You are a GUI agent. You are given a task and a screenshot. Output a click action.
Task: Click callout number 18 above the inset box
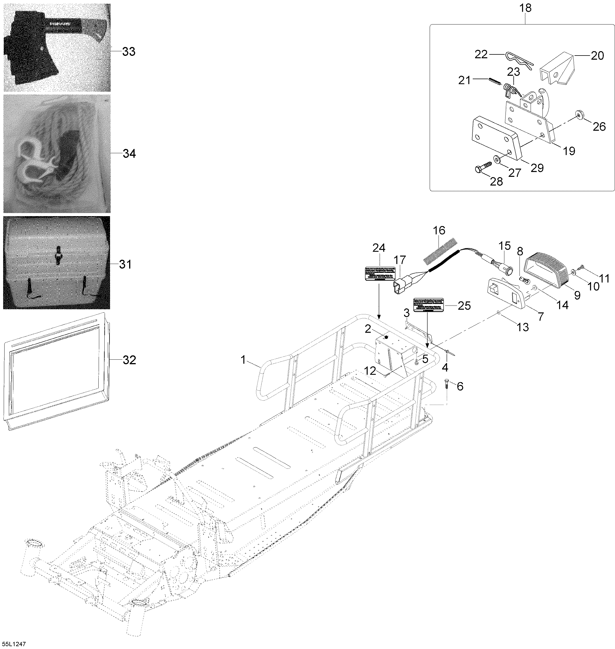click(525, 8)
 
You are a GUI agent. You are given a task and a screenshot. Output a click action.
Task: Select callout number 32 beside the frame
click(129, 360)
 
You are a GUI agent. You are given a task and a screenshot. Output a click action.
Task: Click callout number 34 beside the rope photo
click(129, 153)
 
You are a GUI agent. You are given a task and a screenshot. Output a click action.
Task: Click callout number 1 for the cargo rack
click(243, 360)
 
